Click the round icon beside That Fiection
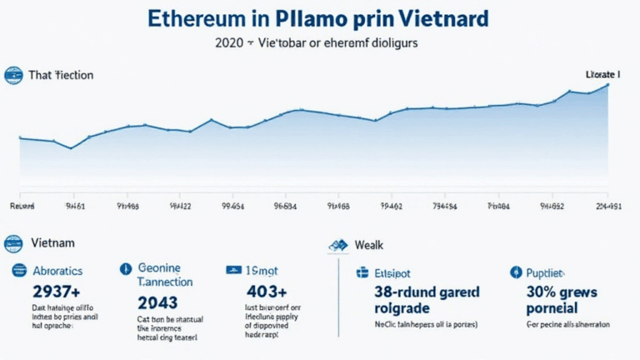[12, 75]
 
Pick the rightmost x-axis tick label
[609, 203]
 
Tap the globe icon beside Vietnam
[12, 243]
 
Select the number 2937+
[55, 291]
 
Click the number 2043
[157, 301]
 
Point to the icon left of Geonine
[126, 269]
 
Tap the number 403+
[267, 291]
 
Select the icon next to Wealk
[338, 246]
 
